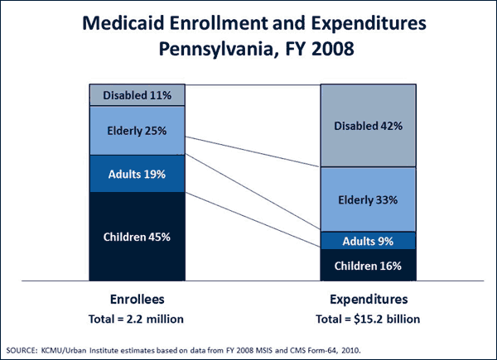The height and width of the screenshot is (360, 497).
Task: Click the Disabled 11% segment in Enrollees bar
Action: [137, 95]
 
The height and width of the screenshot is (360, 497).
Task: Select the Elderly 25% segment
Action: [137, 130]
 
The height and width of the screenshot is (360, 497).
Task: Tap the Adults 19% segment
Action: [137, 174]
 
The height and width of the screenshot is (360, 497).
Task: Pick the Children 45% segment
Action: [137, 237]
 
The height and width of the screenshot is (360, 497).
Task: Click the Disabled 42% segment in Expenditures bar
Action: [369, 126]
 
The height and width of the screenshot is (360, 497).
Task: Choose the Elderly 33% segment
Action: [369, 199]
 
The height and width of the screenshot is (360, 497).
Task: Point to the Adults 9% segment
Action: [369, 241]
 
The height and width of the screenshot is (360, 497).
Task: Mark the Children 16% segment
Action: [369, 266]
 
